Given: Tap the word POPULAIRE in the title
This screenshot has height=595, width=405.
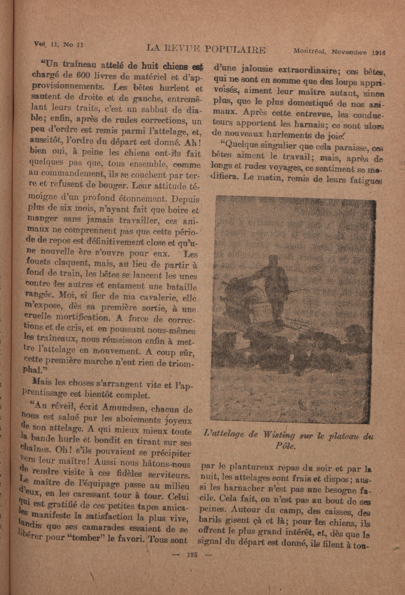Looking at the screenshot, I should tap(235, 49).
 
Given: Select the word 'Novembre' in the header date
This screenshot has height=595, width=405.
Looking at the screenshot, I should tap(348, 52).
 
